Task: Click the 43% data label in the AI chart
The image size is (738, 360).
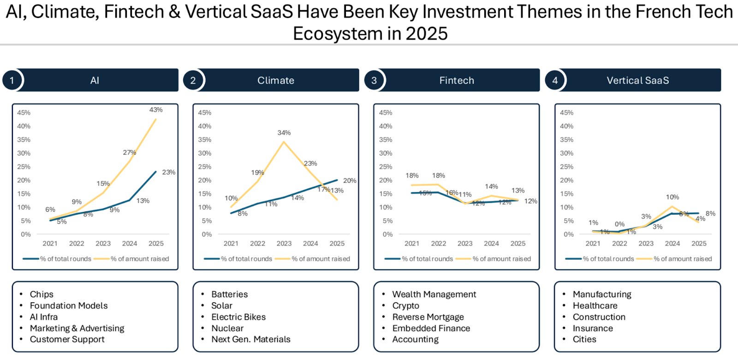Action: click(x=156, y=110)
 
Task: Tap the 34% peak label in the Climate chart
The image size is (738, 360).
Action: click(x=284, y=133)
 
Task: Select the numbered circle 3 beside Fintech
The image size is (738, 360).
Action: click(x=374, y=80)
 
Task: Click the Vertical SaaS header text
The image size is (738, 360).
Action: click(x=638, y=80)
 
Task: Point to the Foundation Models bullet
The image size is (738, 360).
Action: click(x=69, y=306)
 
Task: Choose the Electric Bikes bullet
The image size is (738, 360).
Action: click(x=238, y=317)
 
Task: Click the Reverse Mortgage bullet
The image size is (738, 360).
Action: click(x=428, y=317)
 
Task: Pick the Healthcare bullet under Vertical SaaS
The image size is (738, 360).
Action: click(x=595, y=306)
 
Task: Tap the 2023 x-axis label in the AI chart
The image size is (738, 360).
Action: click(x=103, y=244)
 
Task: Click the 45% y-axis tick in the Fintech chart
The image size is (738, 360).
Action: click(x=386, y=113)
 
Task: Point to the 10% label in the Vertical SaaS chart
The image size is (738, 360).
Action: click(x=673, y=197)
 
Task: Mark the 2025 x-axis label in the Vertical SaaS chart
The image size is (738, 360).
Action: click(x=699, y=244)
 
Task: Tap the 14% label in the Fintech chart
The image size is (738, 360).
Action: click(x=491, y=186)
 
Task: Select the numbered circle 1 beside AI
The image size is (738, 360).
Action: click(x=12, y=80)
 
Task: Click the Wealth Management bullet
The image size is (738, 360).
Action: click(x=434, y=294)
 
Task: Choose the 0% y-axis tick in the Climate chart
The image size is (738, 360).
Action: click(x=207, y=234)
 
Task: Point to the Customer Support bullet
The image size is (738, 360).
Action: click(x=67, y=339)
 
